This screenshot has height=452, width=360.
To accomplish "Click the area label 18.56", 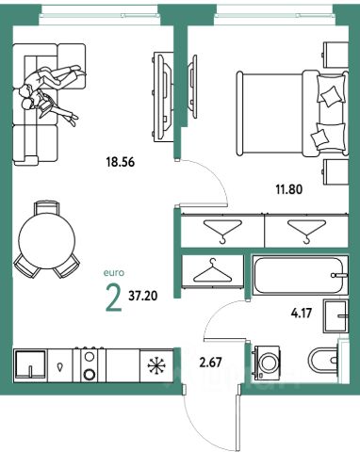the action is tap(121, 162).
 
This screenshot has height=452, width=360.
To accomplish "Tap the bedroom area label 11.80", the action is tap(288, 189).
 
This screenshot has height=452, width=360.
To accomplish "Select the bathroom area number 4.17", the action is tap(301, 313).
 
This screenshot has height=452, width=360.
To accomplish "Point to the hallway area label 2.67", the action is tap(210, 363).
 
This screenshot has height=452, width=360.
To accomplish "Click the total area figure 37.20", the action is tap(143, 296).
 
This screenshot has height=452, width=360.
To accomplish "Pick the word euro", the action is tap(114, 273).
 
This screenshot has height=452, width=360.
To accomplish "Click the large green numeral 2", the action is tap(114, 297).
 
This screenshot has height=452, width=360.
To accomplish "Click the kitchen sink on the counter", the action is tap(30, 365).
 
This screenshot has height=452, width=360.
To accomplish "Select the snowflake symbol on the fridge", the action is tap(156, 365).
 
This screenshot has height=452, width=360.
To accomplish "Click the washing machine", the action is tap(268, 363).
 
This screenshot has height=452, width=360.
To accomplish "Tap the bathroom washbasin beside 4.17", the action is tap(335, 316).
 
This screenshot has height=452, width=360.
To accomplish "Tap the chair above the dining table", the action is tap(47, 208).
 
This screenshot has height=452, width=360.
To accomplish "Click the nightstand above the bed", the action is tap(336, 55).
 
